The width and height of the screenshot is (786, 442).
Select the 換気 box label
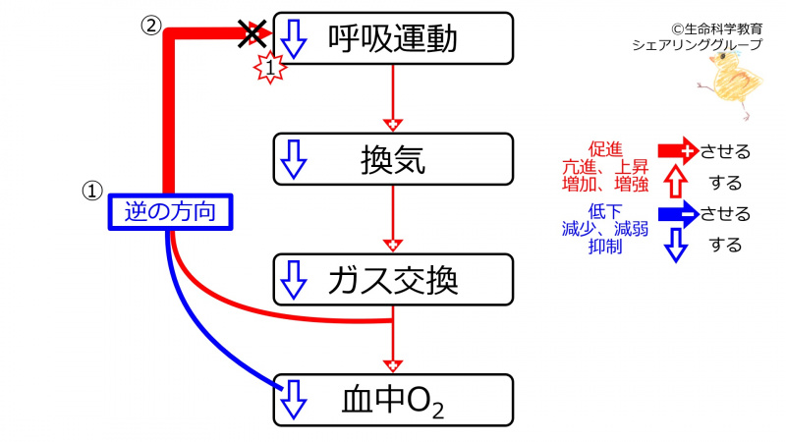pyautogui.click(x=393, y=158)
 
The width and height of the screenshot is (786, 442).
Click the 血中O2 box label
pyautogui.click(x=395, y=399)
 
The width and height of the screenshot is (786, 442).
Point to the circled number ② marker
pyautogui.click(x=149, y=26)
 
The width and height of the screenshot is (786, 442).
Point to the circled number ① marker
pyautogui.click(x=91, y=191)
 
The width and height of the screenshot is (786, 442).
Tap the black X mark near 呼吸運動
pyautogui.click(x=253, y=34)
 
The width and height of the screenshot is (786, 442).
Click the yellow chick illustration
pyautogui.click(x=732, y=83)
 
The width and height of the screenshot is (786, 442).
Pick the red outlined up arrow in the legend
pyautogui.click(x=675, y=182)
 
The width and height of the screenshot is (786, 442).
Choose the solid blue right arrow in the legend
pyautogui.click(x=677, y=214)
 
